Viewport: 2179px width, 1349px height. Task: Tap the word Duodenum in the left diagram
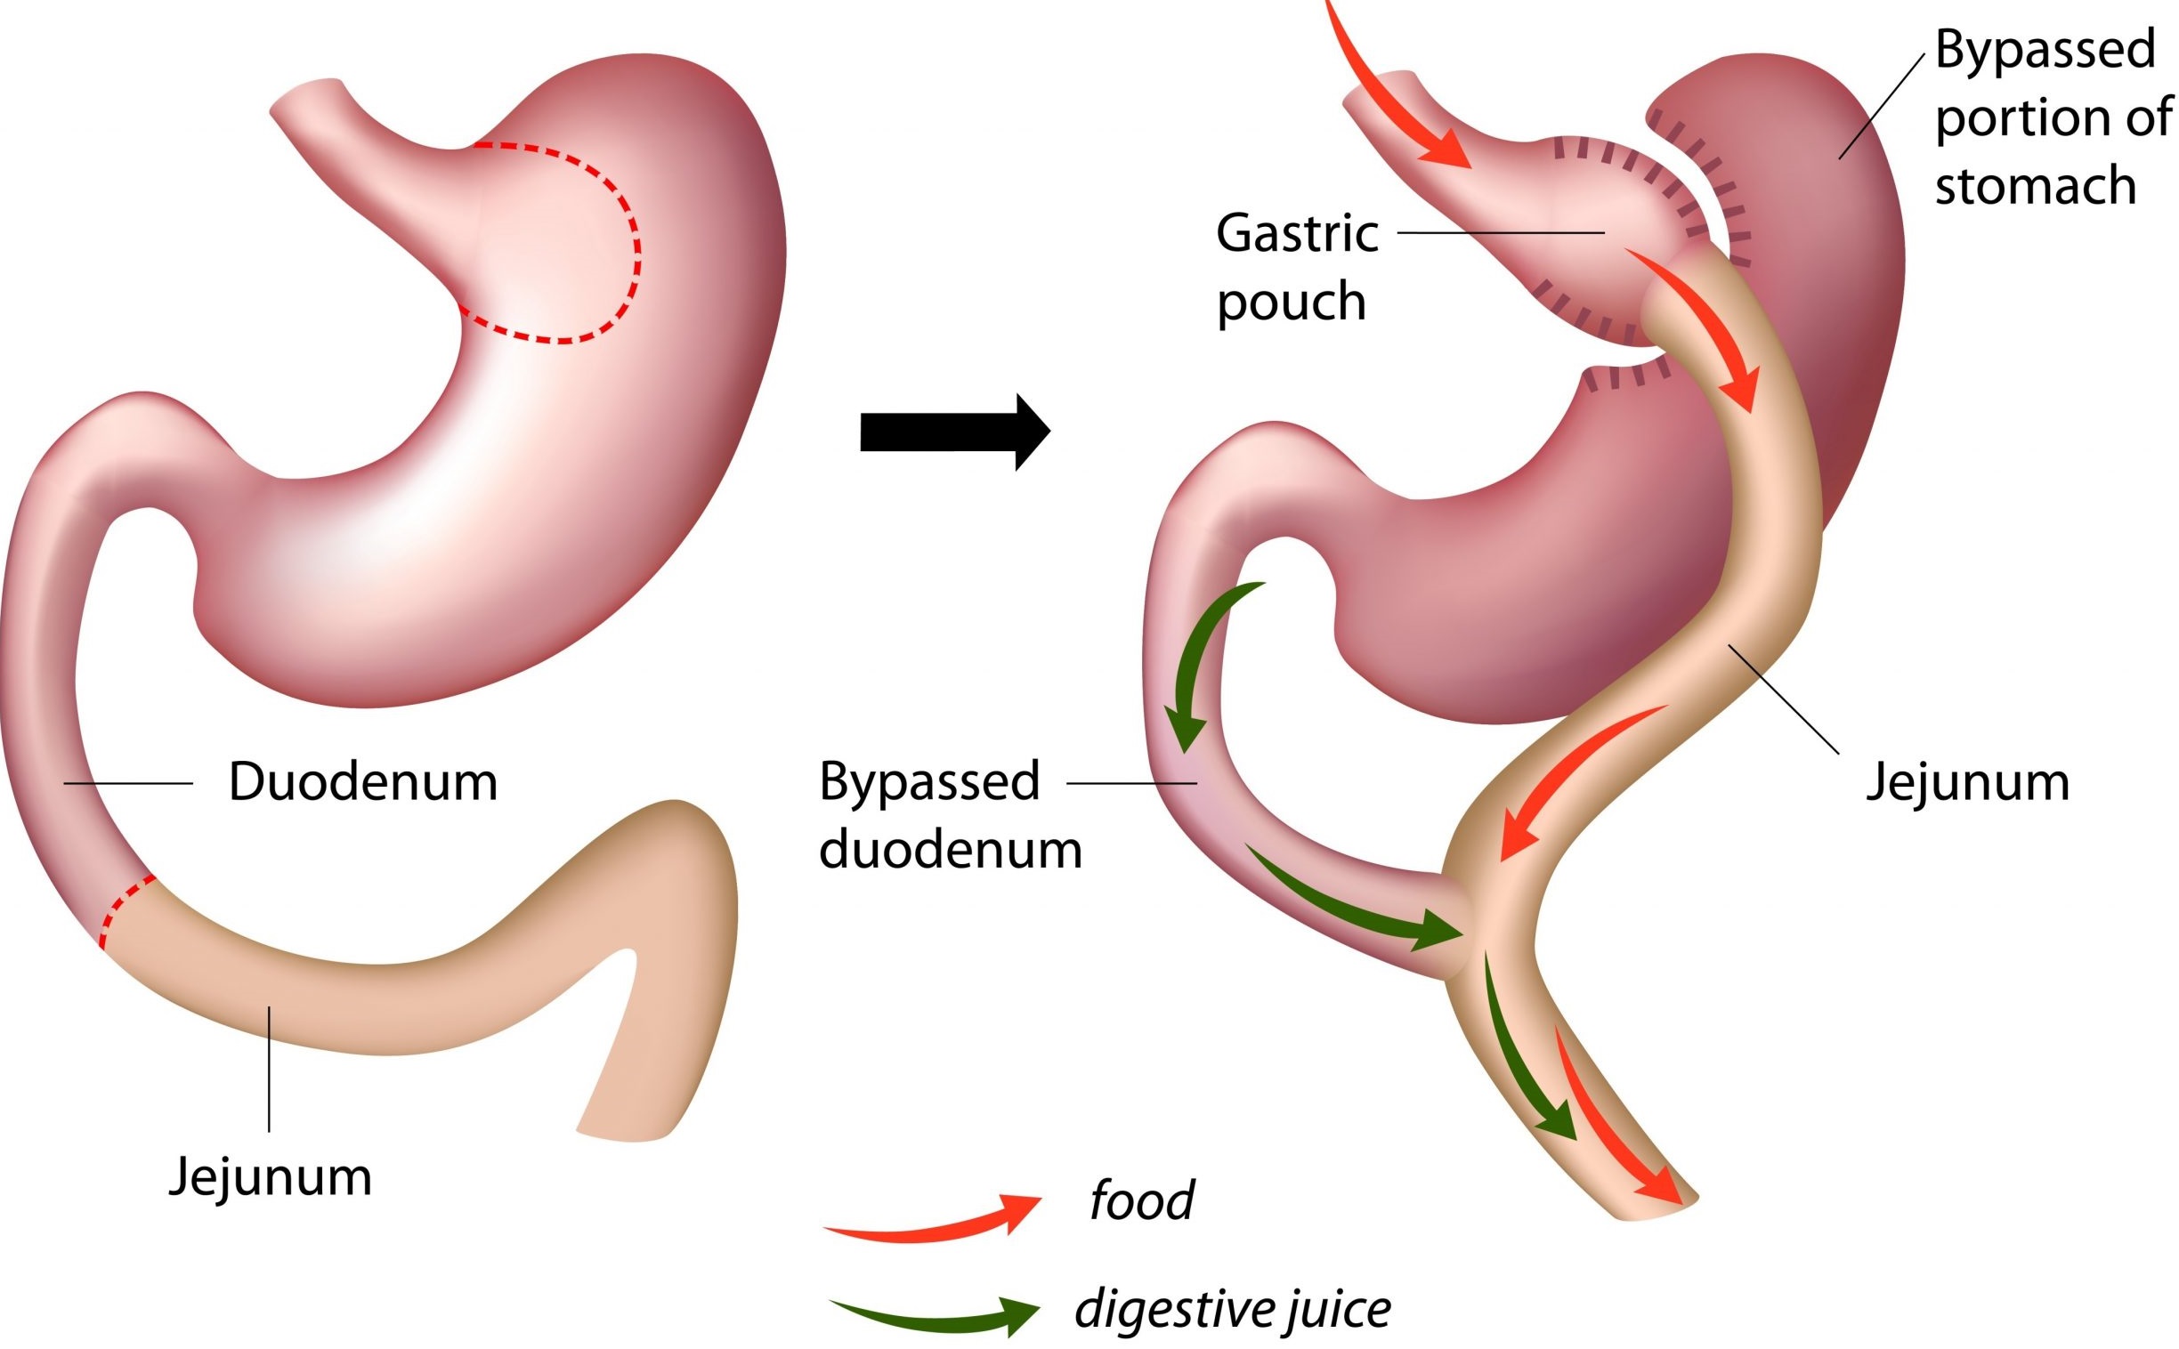point(362,782)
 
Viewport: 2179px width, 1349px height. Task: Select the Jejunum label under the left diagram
point(271,1176)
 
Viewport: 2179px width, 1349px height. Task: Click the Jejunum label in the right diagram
point(1967,783)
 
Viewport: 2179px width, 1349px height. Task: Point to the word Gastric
point(1297,234)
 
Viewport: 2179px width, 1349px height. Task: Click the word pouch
point(1292,303)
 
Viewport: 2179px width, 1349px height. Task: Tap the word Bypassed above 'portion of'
point(2045,49)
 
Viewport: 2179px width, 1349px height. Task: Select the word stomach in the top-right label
point(2035,187)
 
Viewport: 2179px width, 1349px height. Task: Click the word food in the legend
point(1140,1201)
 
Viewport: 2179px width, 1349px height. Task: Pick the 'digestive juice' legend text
point(1231,1310)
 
